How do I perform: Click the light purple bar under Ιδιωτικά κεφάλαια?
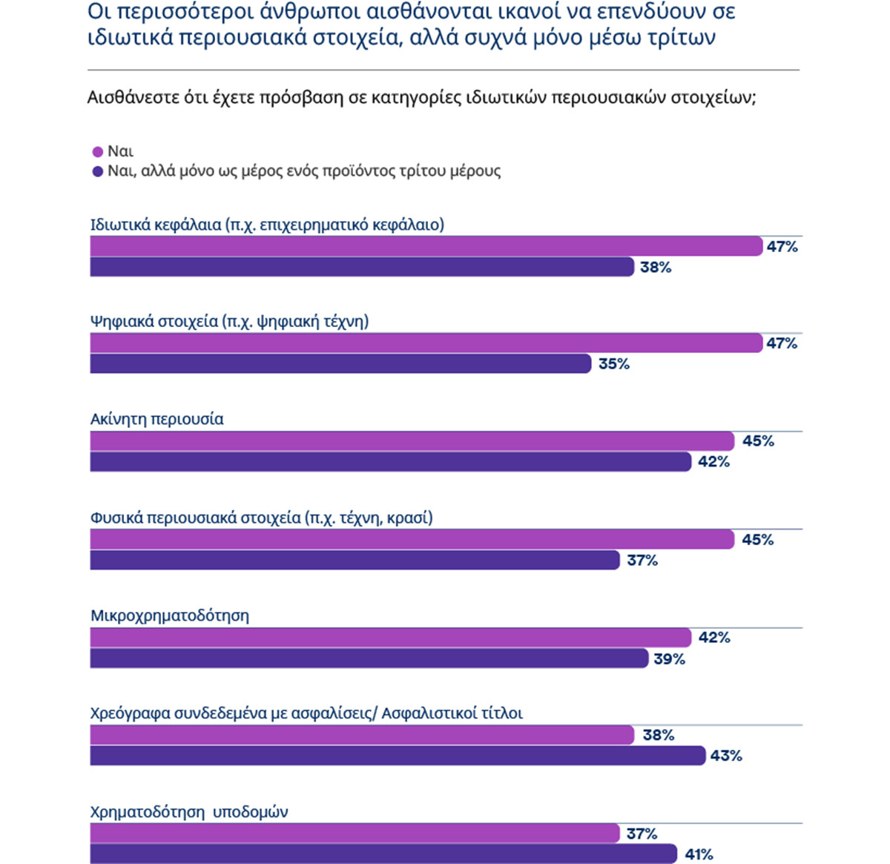[x=426, y=246]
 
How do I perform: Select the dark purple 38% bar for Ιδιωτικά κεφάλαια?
[x=362, y=267]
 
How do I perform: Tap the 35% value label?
[x=614, y=364]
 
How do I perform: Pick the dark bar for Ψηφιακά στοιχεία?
[x=340, y=364]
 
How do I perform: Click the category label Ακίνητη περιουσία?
[x=156, y=419]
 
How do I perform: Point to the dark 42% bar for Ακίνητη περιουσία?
[x=391, y=462]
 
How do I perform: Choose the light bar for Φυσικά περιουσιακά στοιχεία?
[x=412, y=540]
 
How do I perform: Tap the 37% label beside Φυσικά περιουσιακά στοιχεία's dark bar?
[x=642, y=561]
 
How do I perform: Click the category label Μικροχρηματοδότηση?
[x=170, y=616]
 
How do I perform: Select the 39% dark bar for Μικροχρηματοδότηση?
[x=369, y=659]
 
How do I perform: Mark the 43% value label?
[x=726, y=756]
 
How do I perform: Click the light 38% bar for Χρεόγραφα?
[x=362, y=735]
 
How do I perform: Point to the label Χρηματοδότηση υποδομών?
[x=189, y=812]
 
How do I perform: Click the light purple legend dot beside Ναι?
[x=97, y=152]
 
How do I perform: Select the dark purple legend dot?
[x=97, y=172]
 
